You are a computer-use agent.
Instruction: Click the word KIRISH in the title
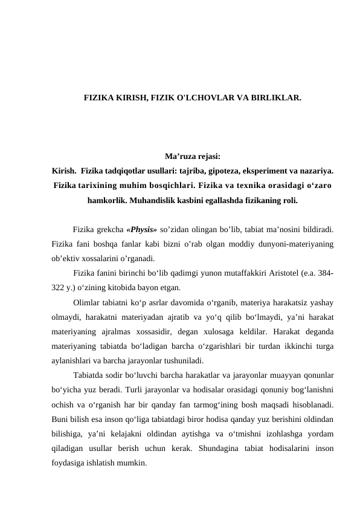pos(128,97)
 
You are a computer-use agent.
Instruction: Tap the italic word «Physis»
pos(143,230)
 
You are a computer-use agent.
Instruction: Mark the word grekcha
pos(109,230)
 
